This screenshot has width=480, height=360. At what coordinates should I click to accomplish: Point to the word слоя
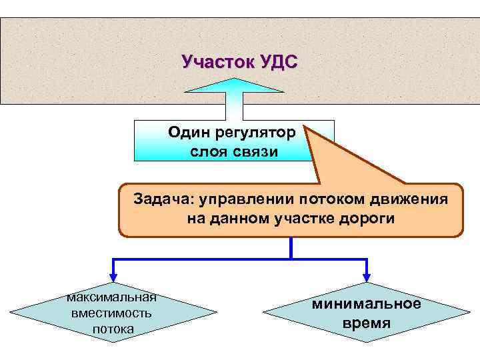click(207, 152)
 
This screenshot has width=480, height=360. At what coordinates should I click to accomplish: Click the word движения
click(403, 199)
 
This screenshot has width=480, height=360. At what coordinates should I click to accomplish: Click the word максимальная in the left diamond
click(111, 297)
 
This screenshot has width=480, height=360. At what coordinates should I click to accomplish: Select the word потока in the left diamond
click(113, 329)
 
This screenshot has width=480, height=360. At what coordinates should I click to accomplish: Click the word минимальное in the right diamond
click(367, 304)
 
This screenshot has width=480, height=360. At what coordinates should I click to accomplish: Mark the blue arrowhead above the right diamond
click(366, 277)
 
